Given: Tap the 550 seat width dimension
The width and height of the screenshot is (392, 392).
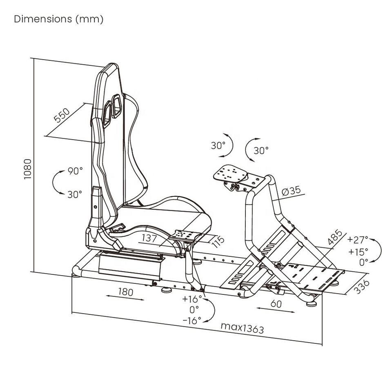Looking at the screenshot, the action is [x=62, y=116].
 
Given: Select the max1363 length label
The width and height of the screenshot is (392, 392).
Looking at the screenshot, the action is [x=242, y=327].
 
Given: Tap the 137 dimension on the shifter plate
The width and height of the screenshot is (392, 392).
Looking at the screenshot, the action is [x=149, y=238].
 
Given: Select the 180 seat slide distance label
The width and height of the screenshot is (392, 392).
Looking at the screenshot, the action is [x=125, y=292].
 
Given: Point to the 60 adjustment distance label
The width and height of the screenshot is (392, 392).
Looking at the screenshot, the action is [x=276, y=304].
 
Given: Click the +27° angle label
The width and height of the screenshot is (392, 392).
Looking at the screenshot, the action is [x=358, y=239].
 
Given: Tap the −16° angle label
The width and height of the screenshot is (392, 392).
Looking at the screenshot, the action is [x=192, y=321].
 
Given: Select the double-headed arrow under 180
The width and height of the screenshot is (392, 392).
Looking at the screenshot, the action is [x=125, y=299].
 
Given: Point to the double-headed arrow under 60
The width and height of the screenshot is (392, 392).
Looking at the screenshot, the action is [x=276, y=310].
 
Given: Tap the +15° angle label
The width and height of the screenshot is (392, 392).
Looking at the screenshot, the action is [x=358, y=251].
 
